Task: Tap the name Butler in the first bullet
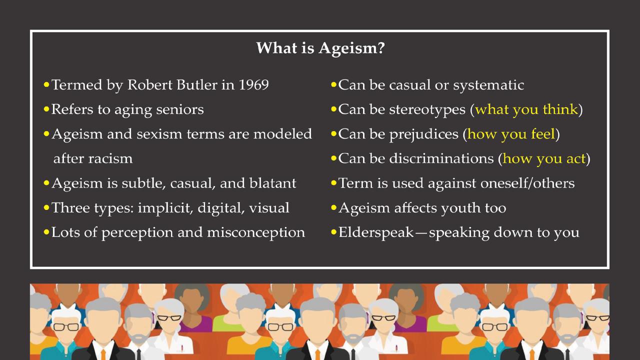[199, 85]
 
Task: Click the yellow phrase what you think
[526, 109]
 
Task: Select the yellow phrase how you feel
[511, 134]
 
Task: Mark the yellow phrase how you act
[544, 159]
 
